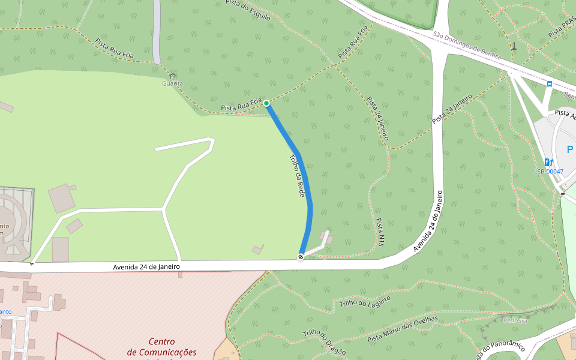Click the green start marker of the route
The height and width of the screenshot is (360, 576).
tap(266, 103)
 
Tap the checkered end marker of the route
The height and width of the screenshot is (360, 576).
tap(301, 257)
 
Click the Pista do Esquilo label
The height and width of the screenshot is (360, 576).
tap(248, 11)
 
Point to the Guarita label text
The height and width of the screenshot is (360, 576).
tap(172, 83)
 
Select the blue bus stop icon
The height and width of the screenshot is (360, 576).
tap(549, 84)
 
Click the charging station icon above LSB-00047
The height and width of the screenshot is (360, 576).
tap(548, 162)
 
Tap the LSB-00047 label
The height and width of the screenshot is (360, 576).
tap(548, 172)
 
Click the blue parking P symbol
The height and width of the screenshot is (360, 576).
tap(569, 149)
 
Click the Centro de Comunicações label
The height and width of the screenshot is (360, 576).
tap(162, 347)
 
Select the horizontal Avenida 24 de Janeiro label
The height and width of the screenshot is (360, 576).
tap(146, 266)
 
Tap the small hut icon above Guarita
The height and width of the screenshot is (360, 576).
tap(173, 76)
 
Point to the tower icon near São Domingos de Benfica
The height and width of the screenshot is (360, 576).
tap(514, 46)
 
